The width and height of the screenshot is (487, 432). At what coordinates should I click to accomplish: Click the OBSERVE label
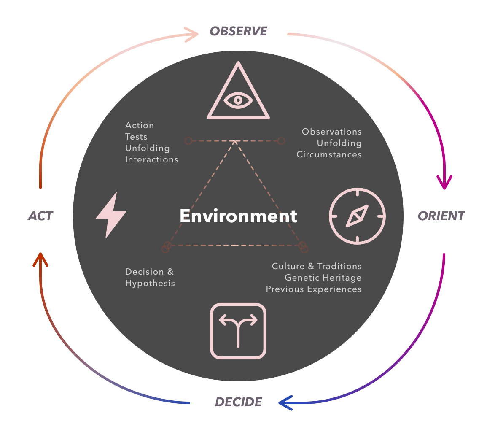click(239, 31)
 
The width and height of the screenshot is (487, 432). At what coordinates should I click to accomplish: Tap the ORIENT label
click(441, 216)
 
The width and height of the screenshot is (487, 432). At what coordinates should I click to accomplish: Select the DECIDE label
click(239, 402)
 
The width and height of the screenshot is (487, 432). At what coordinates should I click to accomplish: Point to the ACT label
click(40, 216)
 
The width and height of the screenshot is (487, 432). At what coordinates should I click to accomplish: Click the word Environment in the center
click(238, 216)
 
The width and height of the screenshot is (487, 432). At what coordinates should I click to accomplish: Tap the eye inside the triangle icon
click(238, 100)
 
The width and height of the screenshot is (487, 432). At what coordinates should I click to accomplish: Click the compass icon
click(357, 216)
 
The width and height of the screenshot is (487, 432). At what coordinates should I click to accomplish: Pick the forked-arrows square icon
click(238, 331)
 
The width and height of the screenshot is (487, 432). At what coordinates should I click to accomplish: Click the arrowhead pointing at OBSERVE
click(194, 35)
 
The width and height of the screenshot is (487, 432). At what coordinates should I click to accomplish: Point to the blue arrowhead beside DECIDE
click(284, 402)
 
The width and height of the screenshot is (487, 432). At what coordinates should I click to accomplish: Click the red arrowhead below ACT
click(40, 258)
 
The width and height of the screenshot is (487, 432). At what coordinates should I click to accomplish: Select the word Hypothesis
click(150, 283)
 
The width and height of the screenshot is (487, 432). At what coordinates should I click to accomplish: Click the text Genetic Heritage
click(323, 278)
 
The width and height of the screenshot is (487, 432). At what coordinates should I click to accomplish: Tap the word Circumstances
click(329, 154)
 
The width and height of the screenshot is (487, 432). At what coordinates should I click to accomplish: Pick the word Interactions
click(152, 159)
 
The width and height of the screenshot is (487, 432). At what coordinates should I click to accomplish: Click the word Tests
click(136, 137)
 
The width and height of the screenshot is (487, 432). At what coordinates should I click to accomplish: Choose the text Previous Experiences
click(314, 289)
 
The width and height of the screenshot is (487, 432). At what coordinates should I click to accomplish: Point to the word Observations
click(331, 132)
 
